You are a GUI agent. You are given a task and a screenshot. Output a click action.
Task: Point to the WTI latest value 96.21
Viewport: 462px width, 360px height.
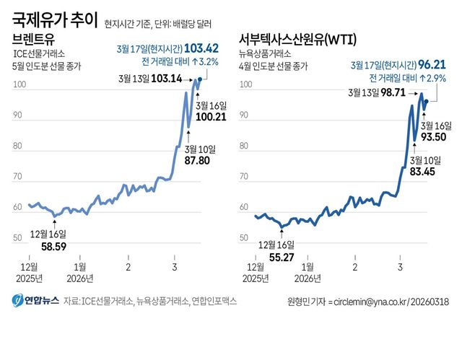(x=429, y=64)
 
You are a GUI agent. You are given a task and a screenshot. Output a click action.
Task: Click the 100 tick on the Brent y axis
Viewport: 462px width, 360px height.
(x=19, y=85)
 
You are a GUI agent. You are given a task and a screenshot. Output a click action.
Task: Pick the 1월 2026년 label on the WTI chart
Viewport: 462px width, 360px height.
(x=305, y=272)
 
